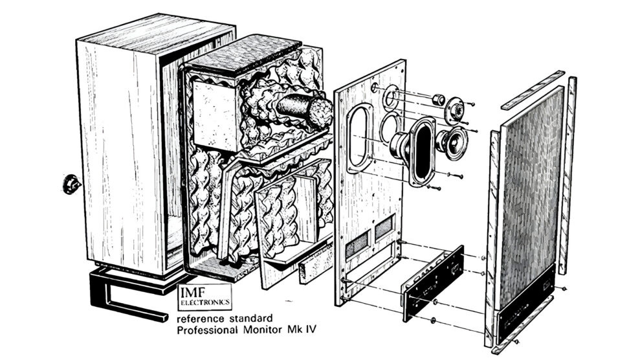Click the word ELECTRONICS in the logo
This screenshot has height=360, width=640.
tap(205, 302)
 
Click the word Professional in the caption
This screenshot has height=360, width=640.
tap(207, 330)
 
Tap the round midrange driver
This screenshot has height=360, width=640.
tap(452, 142)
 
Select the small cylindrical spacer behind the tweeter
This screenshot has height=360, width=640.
tap(439, 99)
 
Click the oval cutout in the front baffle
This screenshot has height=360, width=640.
tap(359, 138)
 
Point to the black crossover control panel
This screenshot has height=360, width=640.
tap(434, 282)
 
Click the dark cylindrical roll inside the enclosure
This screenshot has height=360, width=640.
tap(305, 109)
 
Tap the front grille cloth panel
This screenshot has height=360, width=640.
tap(530, 196)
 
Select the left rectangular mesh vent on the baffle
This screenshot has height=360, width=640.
tap(358, 244)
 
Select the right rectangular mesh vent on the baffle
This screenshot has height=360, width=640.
tap(384, 227)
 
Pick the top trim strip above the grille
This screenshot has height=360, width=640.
tap(533, 90)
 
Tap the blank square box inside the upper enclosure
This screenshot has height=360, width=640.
tap(215, 115)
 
